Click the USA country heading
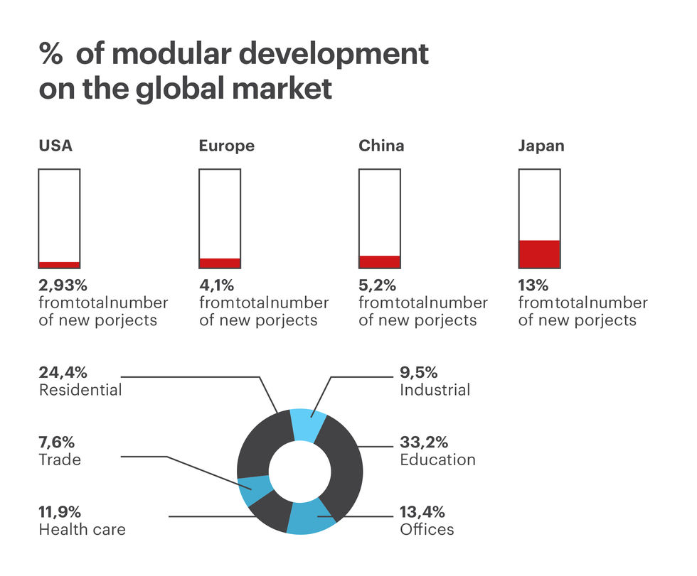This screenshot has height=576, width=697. coord(55,146)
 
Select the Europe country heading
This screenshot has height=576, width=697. coord(226,146)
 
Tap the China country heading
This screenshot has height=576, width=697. coord(381,146)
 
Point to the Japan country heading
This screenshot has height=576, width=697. coord(541,146)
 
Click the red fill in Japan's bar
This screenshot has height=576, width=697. coord(539,254)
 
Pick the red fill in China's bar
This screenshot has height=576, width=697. coord(380,261)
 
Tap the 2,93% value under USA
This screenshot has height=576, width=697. coord(63,286)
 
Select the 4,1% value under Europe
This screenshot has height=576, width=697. coord(216,286)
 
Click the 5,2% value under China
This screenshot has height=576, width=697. coord(376,286)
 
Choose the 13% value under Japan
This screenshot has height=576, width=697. coord(533,286)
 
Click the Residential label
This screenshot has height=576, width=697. coord(80,390)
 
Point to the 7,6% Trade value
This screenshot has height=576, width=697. coord(57,442)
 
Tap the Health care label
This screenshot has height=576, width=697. coord(82,529)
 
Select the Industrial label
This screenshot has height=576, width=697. coord(435,390)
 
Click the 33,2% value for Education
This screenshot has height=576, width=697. coord(424,442)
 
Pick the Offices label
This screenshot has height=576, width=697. coord(427,529)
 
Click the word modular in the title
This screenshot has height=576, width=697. coord(174,55)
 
